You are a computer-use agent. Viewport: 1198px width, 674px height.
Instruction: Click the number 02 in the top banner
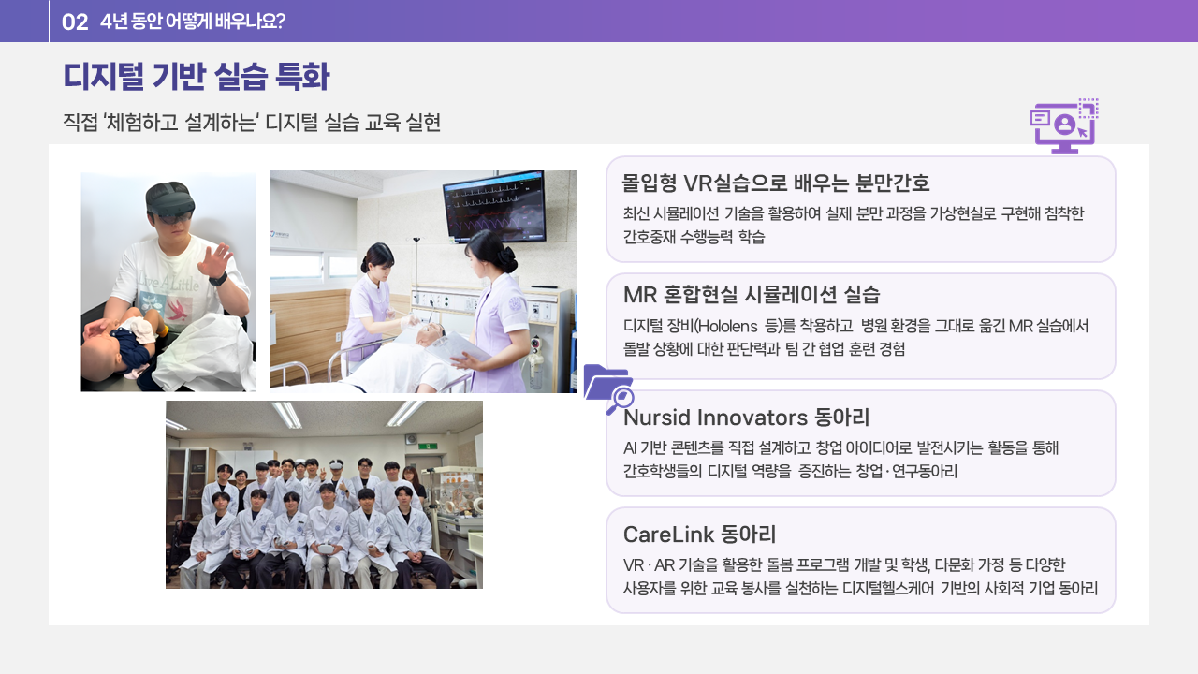pyautogui.click(x=75, y=22)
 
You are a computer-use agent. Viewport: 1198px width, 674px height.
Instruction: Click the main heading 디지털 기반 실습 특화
pyautogui.click(x=197, y=76)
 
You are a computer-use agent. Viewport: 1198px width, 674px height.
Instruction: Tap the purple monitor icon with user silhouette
pyautogui.click(x=1064, y=125)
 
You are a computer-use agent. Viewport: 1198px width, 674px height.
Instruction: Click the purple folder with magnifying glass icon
pyautogui.click(x=608, y=388)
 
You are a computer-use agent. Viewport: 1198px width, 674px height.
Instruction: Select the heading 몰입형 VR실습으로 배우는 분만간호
pyautogui.click(x=776, y=183)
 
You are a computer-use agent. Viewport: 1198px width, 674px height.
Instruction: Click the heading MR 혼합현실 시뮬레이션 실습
pyautogui.click(x=752, y=294)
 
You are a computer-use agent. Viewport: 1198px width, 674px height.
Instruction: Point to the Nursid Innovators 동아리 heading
pyautogui.click(x=747, y=418)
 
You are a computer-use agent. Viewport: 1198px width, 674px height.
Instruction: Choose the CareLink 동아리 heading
pyautogui.click(x=699, y=534)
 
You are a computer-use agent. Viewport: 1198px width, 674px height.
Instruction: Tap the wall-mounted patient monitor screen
pyautogui.click(x=493, y=205)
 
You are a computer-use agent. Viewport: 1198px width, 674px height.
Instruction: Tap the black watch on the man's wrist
pyautogui.click(x=218, y=279)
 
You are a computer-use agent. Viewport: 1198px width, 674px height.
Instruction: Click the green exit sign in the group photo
pyautogui.click(x=428, y=446)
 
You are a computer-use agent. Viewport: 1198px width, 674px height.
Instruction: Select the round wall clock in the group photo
pyautogui.click(x=411, y=439)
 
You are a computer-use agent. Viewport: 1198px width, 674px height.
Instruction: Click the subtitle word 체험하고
pyautogui.click(x=141, y=123)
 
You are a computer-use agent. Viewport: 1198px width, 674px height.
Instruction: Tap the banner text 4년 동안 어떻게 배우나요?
pyautogui.click(x=193, y=22)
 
